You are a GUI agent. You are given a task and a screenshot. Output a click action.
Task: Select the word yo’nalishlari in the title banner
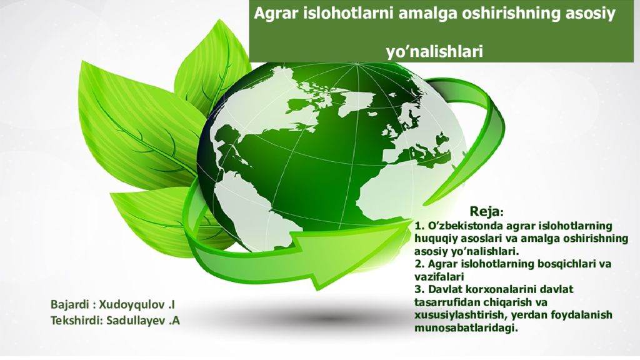pyautogui.click(x=434, y=51)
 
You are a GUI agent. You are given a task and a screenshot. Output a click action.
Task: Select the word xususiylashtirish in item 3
pyautogui.click(x=459, y=315)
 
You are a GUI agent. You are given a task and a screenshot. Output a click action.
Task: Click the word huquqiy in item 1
pyautogui.click(x=434, y=237)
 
